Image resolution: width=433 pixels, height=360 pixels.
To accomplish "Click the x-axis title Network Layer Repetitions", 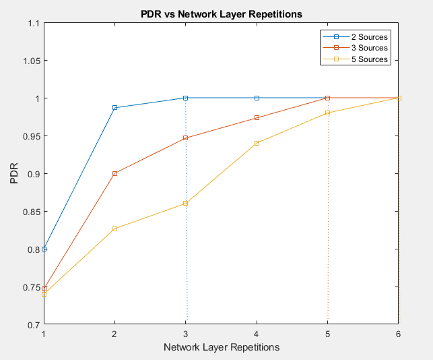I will [x=221, y=347].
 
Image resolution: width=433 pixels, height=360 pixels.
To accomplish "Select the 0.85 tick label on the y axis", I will [x=30, y=212].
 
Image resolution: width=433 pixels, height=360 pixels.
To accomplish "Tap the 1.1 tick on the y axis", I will [x=34, y=23].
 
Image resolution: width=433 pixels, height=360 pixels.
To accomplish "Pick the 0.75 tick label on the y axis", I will [x=30, y=287].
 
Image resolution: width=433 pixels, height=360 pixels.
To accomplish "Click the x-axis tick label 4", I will [x=257, y=334].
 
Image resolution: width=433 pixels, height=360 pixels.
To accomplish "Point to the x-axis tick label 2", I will [x=114, y=334].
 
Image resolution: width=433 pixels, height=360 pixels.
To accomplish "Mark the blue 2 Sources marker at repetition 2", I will [x=115, y=108].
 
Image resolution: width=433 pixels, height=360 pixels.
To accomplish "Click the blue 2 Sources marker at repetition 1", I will [x=44, y=249].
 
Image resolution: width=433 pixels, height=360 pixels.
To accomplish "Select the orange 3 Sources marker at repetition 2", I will [x=115, y=173].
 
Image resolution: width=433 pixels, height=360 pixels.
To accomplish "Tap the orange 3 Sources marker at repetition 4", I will [x=257, y=117].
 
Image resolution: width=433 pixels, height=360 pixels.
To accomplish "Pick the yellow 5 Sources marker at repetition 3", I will [x=186, y=203].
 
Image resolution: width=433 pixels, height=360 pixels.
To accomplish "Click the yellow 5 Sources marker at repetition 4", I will [x=257, y=143].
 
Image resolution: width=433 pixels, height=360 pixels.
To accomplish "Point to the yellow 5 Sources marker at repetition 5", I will [x=327, y=113].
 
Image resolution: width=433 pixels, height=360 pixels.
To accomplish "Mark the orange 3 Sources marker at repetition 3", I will [x=186, y=138].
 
